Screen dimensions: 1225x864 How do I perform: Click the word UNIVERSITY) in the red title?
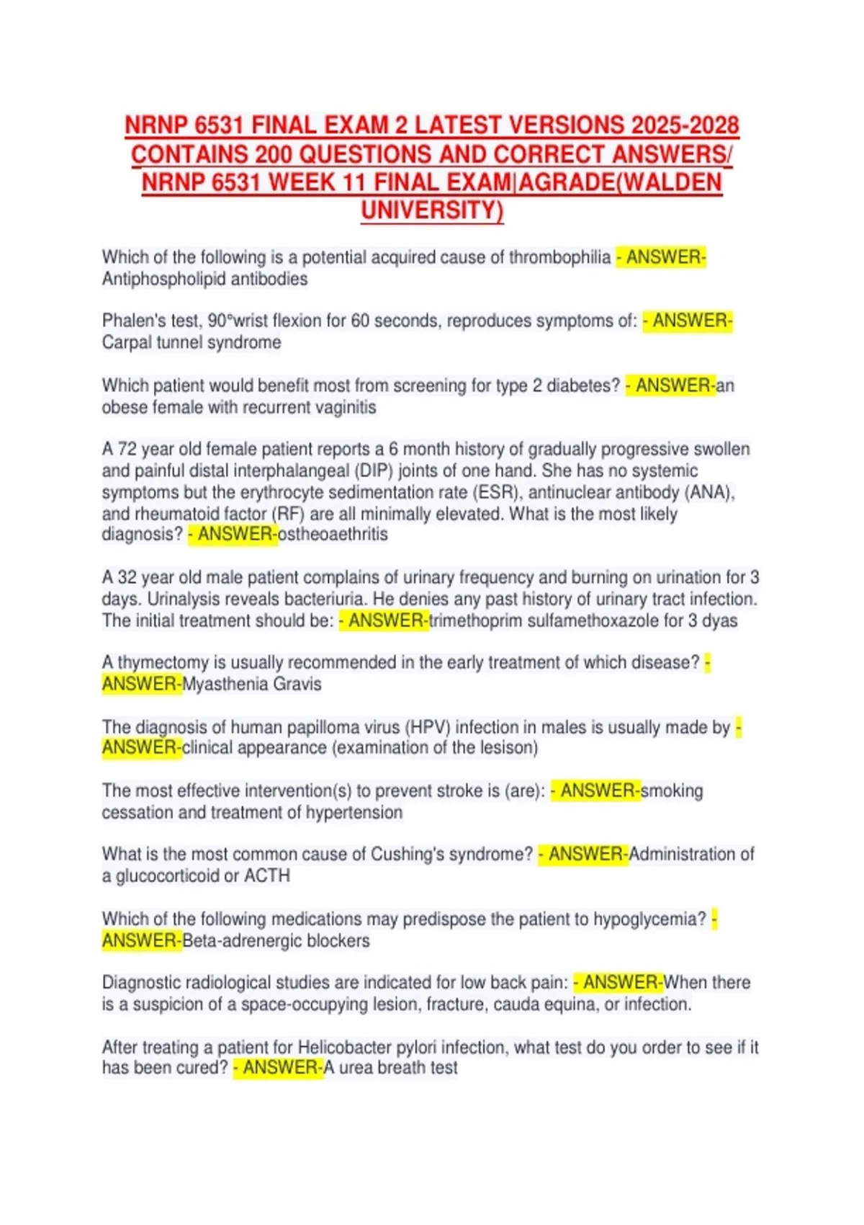432,210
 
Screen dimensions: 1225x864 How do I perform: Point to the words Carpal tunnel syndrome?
191,342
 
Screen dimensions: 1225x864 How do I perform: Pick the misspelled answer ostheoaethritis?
333,535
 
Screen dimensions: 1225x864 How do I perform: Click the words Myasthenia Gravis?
252,684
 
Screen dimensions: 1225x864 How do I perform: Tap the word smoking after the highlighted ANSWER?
672,790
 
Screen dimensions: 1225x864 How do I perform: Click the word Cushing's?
406,854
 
